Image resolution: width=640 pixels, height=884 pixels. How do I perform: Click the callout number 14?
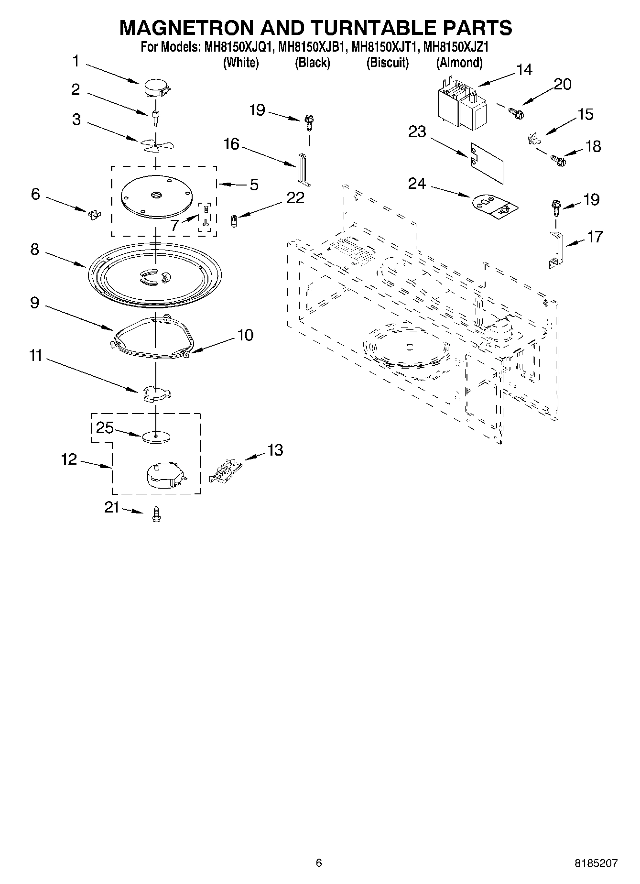(524, 70)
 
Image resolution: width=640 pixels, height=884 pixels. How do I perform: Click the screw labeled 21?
(155, 514)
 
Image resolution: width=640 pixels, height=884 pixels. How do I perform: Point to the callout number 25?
(105, 427)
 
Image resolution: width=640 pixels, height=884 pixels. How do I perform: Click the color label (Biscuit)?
(387, 63)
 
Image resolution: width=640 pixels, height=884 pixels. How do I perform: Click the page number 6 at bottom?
(319, 863)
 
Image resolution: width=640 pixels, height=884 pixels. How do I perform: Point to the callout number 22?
(295, 198)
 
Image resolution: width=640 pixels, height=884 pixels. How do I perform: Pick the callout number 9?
(34, 303)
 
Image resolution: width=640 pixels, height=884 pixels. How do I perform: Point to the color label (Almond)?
(459, 63)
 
